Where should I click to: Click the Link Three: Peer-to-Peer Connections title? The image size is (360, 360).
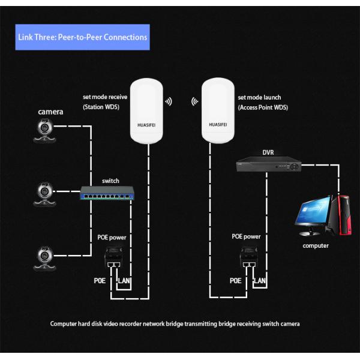click(82, 37)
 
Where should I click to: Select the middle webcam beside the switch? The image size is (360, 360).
click(46, 193)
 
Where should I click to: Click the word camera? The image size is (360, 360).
click(51, 112)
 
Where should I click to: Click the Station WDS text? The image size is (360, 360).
click(101, 107)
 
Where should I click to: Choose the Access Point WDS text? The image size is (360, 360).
click(262, 107)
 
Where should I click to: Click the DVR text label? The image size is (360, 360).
click(268, 152)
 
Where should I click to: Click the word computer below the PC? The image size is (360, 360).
click(316, 245)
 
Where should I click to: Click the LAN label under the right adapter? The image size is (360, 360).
click(260, 280)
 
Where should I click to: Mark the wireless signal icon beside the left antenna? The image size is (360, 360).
click(169, 101)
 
